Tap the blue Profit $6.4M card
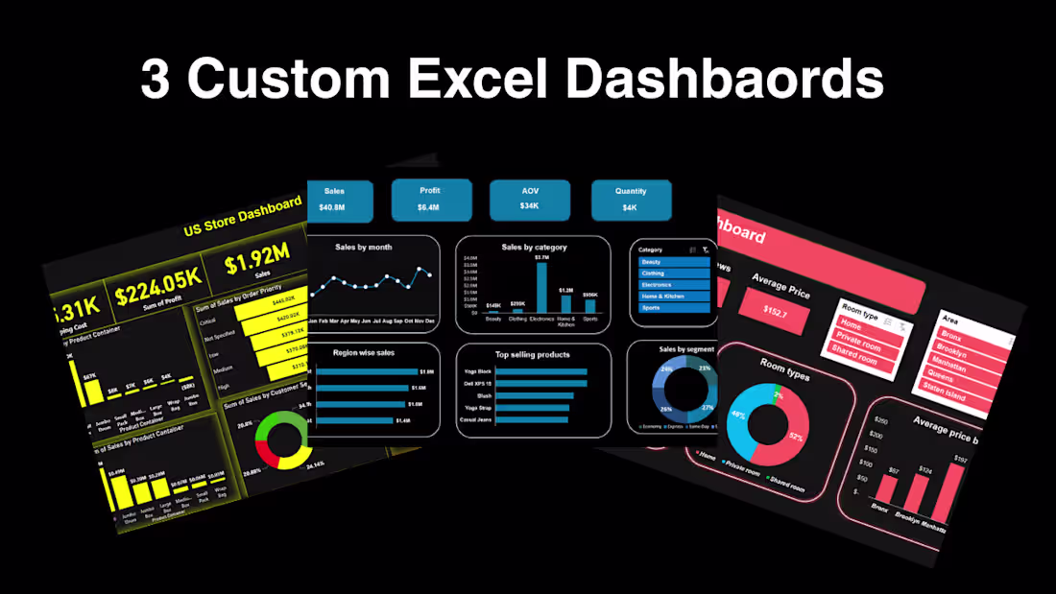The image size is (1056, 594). tap(431, 199)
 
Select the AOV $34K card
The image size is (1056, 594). tap(530, 200)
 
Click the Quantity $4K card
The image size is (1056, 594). tap(631, 200)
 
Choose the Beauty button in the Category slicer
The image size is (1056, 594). tap(674, 262)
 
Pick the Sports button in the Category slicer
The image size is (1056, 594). tap(674, 308)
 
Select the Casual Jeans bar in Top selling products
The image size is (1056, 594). tap(528, 419)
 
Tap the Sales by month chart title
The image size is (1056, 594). tap(364, 248)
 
